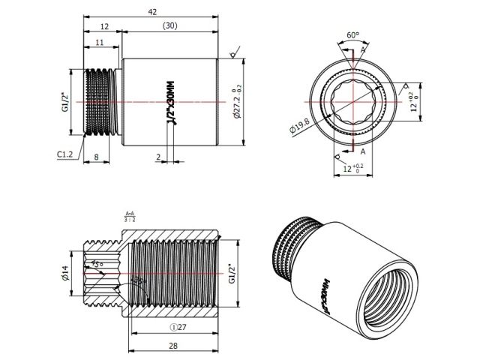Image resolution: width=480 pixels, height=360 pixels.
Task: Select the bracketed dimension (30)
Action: click(169, 26)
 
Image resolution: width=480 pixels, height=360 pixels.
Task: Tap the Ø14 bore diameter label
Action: click(64, 275)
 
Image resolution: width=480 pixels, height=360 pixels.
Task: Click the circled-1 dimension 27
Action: click(178, 326)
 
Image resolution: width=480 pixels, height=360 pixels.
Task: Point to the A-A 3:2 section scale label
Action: click(130, 217)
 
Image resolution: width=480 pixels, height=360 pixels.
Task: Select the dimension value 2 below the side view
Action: click(158, 157)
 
